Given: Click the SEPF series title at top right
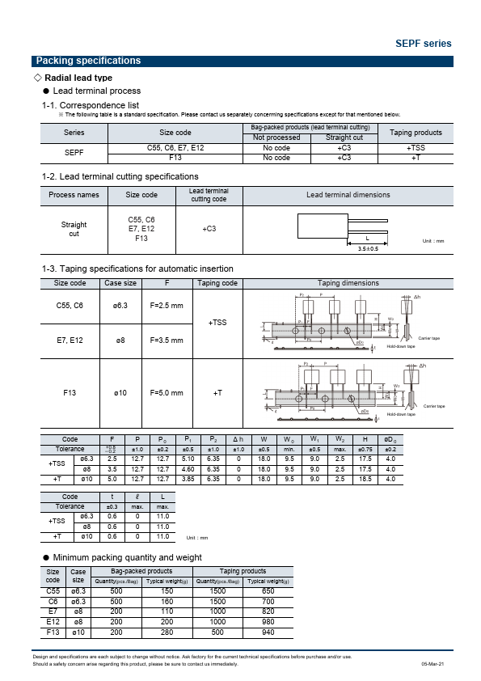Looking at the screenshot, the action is (x=423, y=44).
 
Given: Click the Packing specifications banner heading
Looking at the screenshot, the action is (x=88, y=61).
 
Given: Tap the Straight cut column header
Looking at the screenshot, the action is (x=344, y=137).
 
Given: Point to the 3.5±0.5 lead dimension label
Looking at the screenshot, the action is (x=368, y=248).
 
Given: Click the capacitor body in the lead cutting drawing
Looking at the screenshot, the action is (x=321, y=226).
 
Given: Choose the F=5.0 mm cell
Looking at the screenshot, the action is (x=167, y=392).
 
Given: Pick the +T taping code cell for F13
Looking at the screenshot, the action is (x=217, y=392).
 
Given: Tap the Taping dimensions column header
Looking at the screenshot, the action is (x=348, y=283).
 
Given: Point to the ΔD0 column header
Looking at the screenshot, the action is (x=390, y=439).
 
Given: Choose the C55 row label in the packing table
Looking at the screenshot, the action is (x=53, y=591).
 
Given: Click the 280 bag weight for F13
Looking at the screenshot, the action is (x=167, y=632).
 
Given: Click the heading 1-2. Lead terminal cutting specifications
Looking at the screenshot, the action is (x=120, y=176).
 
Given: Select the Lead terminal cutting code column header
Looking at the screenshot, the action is (x=208, y=195).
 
